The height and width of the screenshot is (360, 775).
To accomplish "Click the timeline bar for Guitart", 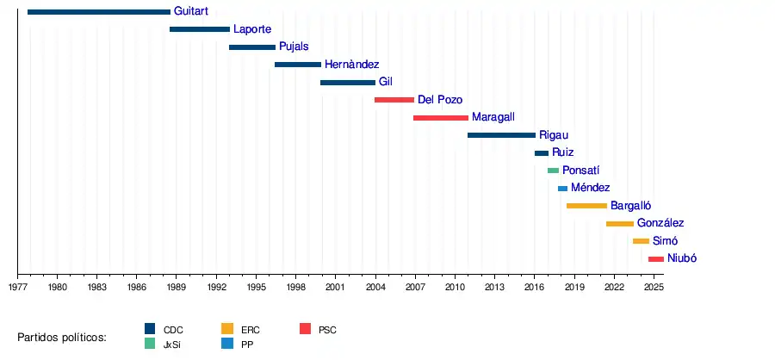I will point(99,12).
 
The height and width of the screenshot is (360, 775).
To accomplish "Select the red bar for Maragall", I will point(441,117).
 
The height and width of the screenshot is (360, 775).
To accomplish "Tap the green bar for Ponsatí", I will point(553,171).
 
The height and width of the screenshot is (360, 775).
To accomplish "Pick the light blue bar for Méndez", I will point(562,188).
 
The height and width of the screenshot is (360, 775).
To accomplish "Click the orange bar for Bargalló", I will point(586,206).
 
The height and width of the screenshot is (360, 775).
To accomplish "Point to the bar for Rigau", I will point(501,135).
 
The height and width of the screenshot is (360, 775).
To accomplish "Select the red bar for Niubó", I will point(656,258).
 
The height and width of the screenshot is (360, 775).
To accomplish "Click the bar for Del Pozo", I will point(394,100).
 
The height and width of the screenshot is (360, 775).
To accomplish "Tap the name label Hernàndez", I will point(351,65).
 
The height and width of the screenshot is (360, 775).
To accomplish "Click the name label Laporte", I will point(252,29).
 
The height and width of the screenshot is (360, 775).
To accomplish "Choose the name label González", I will point(660,223).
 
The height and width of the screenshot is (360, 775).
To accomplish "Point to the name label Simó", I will point(666,241).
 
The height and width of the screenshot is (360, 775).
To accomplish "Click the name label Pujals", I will point(294,47).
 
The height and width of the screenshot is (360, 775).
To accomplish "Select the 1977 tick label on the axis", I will point(18,286).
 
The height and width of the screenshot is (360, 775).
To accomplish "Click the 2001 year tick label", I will point(336,286).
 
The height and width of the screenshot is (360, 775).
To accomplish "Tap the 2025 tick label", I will point(654,286).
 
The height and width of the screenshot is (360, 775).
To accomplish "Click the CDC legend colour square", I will point(150,329).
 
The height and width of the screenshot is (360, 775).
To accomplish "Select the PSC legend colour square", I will point(305,329).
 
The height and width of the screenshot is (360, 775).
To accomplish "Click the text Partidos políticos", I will point(62,337).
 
